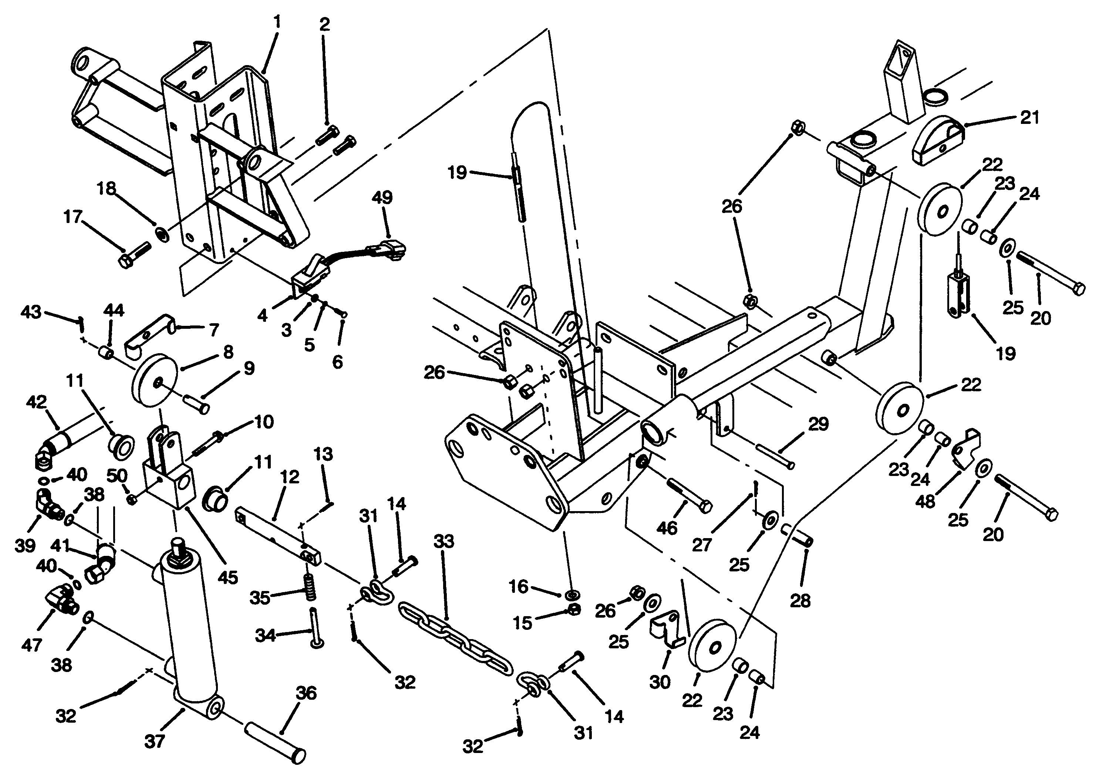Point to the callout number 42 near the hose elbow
click(x=37, y=402)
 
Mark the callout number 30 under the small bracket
click(x=660, y=682)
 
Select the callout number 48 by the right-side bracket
click(x=925, y=501)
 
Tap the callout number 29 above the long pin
click(x=818, y=424)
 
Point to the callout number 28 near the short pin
click(x=800, y=600)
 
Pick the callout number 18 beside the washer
click(x=107, y=189)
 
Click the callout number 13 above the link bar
click(x=323, y=454)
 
